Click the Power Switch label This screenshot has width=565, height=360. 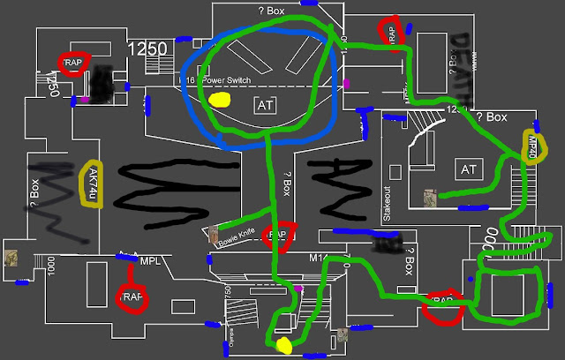pyautogui.click(x=227, y=80)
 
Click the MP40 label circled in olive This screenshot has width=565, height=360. pyautogui.click(x=532, y=146)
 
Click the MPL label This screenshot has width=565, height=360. pyautogui.click(x=149, y=261)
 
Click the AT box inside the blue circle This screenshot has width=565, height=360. pyautogui.click(x=265, y=106)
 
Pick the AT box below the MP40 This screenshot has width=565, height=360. pyautogui.click(x=467, y=169)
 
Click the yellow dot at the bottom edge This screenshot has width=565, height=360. pyautogui.click(x=284, y=344)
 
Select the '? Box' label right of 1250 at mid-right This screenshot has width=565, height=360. pyautogui.click(x=491, y=117)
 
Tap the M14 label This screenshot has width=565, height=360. pyautogui.click(x=319, y=258)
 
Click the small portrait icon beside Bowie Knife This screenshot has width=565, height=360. pyautogui.click(x=214, y=235)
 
